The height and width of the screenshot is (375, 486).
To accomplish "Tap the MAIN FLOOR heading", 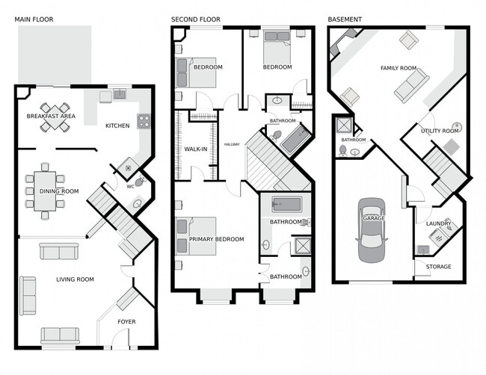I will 34,19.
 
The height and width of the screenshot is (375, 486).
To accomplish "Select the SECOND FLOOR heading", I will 196,19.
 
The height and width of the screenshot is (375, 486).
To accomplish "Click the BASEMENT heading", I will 345,19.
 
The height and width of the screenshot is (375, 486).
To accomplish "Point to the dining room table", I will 45,190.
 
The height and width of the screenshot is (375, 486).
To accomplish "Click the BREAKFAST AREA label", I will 51,116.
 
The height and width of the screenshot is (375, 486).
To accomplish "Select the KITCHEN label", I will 117,125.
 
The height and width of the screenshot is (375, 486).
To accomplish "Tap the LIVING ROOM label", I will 75,279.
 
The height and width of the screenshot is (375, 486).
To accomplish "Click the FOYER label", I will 127,322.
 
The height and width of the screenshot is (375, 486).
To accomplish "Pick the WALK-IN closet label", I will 195,149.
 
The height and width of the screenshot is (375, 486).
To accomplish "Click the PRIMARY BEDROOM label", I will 216,239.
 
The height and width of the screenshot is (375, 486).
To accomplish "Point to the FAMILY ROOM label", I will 398,68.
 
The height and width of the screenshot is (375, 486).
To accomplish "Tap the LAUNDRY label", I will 438,223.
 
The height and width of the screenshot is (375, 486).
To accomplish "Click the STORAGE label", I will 438,267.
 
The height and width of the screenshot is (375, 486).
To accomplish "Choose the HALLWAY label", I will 232,144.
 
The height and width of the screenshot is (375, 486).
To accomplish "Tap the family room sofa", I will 411,86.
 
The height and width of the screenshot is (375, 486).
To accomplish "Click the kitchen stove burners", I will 143,121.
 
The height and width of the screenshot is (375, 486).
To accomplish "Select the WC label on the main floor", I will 130,186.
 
